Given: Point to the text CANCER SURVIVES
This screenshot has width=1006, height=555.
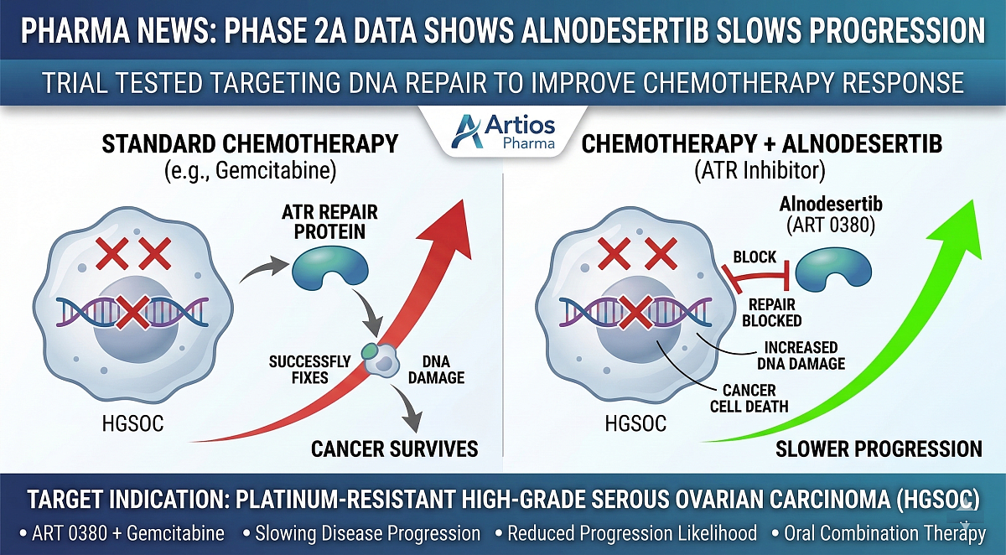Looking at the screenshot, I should click(x=394, y=449).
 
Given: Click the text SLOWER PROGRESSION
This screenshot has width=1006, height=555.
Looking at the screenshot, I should click(x=878, y=449).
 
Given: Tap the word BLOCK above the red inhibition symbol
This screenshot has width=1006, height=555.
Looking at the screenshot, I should click(x=754, y=257).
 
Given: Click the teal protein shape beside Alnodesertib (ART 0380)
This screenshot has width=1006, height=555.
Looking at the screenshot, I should click(x=832, y=272).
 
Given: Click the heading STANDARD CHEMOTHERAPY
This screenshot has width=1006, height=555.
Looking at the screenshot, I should click(x=250, y=143).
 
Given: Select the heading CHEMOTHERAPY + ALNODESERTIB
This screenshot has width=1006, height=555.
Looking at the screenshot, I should click(x=761, y=143).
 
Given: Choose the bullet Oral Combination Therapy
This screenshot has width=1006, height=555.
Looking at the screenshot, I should click(x=881, y=533).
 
